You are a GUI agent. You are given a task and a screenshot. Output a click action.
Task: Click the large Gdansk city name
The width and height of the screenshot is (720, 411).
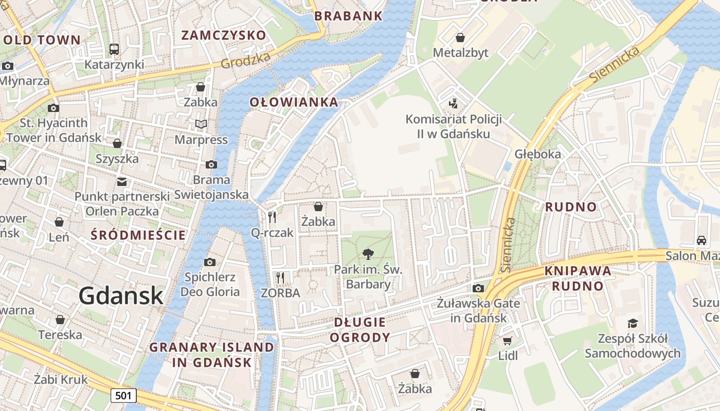(x=121, y=296)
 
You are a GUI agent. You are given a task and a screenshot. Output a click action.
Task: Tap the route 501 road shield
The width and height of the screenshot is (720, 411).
(x=123, y=395)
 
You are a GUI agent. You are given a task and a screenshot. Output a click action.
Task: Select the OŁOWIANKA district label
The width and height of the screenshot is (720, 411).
(x=294, y=102)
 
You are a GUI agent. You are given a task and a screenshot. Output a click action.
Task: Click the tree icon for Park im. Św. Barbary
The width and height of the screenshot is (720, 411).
(x=368, y=253)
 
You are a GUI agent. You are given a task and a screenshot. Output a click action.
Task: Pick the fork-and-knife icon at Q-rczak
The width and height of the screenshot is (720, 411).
(x=272, y=217)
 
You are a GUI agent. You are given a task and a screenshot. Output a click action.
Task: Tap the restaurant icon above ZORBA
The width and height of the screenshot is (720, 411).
(x=280, y=278)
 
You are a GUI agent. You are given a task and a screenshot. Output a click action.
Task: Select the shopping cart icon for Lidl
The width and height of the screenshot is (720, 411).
(x=507, y=341)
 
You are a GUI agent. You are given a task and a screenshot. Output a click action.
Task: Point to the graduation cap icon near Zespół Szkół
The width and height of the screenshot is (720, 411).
(x=633, y=323)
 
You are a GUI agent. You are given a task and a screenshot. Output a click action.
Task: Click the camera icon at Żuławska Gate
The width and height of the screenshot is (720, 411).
(x=478, y=288)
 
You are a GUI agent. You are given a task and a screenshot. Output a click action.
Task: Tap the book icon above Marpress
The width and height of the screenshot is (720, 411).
(x=201, y=124)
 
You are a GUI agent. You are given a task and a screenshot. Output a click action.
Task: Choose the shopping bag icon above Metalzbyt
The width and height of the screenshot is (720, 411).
(x=460, y=38)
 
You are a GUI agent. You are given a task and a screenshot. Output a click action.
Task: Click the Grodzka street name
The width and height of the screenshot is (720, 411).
(x=246, y=61)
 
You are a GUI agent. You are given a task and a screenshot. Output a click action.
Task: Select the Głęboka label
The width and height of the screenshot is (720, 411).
(x=537, y=154)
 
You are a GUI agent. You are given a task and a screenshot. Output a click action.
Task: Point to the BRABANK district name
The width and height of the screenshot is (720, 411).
(x=348, y=16)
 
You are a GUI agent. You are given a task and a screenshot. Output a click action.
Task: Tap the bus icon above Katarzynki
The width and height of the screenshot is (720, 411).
(x=114, y=49)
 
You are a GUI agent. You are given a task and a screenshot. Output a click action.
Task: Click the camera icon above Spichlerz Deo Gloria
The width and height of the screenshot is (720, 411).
(x=209, y=262)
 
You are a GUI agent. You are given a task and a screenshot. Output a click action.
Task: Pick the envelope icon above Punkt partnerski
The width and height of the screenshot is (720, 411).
(x=122, y=181)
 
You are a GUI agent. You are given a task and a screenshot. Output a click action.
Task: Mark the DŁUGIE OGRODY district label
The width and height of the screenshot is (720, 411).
(x=359, y=330)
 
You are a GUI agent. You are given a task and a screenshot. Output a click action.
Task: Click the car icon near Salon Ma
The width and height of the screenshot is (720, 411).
(x=701, y=240)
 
